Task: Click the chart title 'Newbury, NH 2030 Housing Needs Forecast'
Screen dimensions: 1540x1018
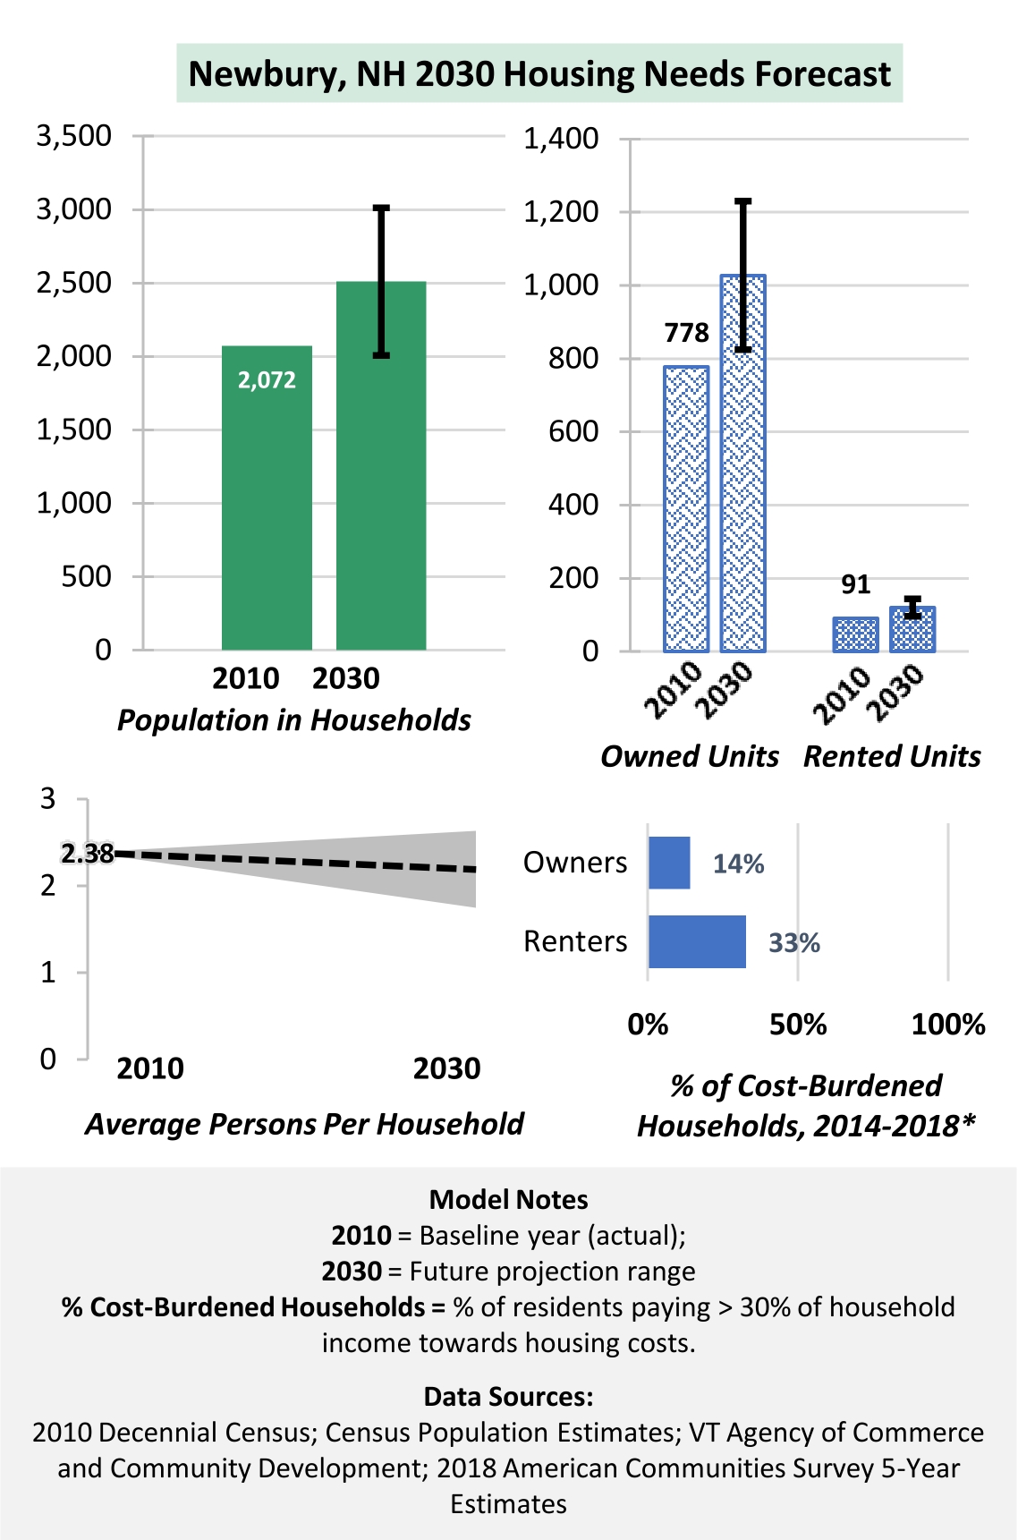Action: click(539, 73)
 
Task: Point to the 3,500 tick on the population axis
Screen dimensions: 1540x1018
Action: click(74, 136)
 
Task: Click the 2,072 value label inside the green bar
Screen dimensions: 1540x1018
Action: click(267, 380)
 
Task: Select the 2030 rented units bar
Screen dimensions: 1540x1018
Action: click(912, 630)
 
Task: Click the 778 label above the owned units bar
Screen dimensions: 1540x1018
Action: click(686, 333)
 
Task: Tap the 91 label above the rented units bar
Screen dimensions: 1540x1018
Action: click(855, 584)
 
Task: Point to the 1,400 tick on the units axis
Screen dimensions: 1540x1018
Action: click(561, 139)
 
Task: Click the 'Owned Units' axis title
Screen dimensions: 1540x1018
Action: click(689, 756)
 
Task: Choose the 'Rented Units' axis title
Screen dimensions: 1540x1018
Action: click(892, 756)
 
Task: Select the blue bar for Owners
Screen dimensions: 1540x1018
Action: click(669, 863)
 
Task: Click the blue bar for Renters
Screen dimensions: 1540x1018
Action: click(697, 941)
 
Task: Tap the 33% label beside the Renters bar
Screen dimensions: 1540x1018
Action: click(794, 943)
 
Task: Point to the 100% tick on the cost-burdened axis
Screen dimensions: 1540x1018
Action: click(948, 1025)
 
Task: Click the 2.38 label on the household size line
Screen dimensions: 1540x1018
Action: click(88, 854)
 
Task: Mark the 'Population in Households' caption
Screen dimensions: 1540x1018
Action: click(293, 720)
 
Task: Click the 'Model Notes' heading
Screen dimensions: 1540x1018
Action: click(508, 1200)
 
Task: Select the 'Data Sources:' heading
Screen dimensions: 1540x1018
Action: click(508, 1397)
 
